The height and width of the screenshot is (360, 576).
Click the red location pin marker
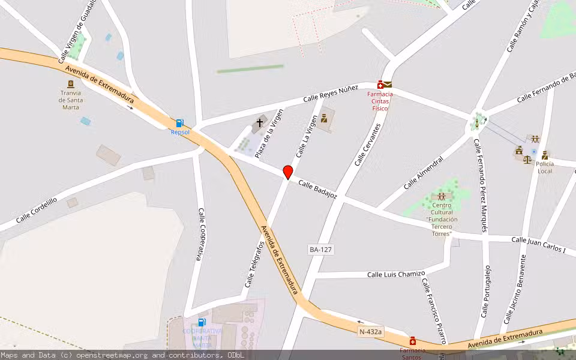coord(288,172)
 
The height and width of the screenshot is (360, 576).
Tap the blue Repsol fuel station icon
coord(179,123)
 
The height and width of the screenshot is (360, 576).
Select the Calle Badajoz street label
coord(318,190)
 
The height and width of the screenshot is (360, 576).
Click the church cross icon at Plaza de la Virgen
coord(260,122)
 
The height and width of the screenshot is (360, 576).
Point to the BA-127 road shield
coord(321,249)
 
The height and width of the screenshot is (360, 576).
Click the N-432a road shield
coord(370,331)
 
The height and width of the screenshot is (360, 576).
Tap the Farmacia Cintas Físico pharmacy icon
coord(380,85)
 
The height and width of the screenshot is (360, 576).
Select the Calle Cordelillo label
coord(37,210)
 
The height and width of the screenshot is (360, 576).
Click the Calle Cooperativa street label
coord(202,234)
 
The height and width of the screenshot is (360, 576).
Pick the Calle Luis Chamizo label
coord(396,274)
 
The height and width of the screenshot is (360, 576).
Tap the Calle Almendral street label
coord(423,173)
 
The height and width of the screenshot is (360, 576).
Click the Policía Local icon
coord(544,155)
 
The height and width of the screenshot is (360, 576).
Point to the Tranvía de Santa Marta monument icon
coord(71,83)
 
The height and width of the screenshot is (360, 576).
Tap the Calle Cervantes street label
coord(368,145)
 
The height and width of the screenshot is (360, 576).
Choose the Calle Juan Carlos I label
coord(539,244)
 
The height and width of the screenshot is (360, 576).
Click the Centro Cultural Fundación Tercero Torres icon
coord(442,196)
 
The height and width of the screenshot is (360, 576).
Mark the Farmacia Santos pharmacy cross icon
coord(413,341)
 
